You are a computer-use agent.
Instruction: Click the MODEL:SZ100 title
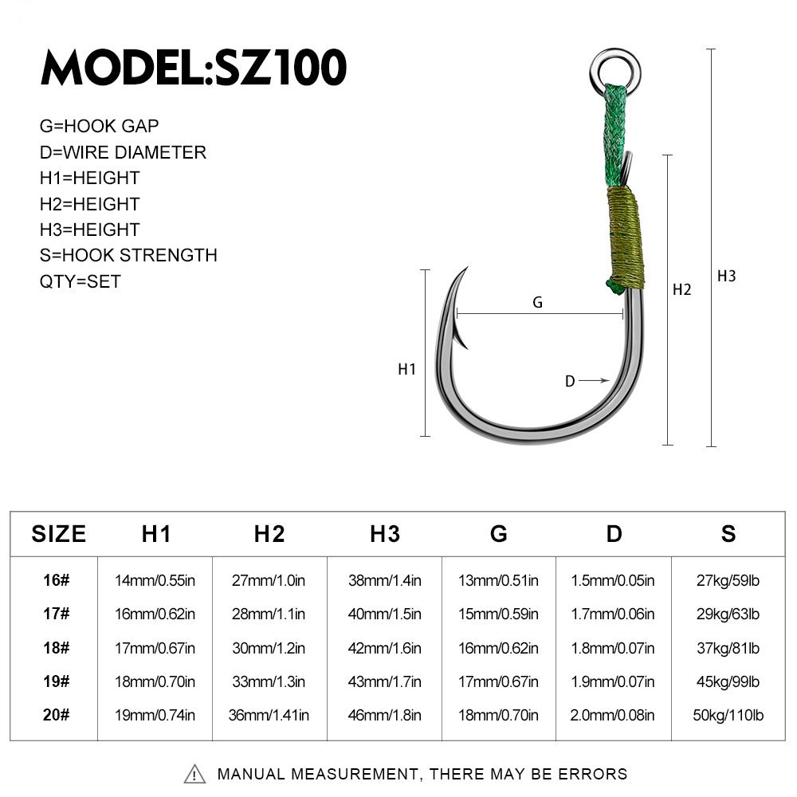(194, 68)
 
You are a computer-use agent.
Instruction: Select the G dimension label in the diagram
(537, 302)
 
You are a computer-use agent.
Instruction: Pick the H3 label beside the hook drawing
(726, 277)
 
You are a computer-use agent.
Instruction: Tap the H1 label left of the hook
(406, 369)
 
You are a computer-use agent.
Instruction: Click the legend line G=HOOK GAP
(99, 126)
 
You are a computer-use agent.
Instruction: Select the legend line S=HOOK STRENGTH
(128, 255)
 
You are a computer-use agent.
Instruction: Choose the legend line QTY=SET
(80, 281)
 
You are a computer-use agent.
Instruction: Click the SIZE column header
(58, 534)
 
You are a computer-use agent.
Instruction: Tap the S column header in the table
(728, 534)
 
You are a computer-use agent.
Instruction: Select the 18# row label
(57, 648)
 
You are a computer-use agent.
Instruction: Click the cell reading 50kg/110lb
(728, 715)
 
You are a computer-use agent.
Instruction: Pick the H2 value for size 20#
(269, 715)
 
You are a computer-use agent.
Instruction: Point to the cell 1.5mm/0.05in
(613, 580)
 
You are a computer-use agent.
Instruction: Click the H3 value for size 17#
(384, 614)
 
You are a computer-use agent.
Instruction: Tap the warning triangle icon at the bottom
(195, 774)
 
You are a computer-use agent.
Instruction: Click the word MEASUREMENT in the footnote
(351, 774)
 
